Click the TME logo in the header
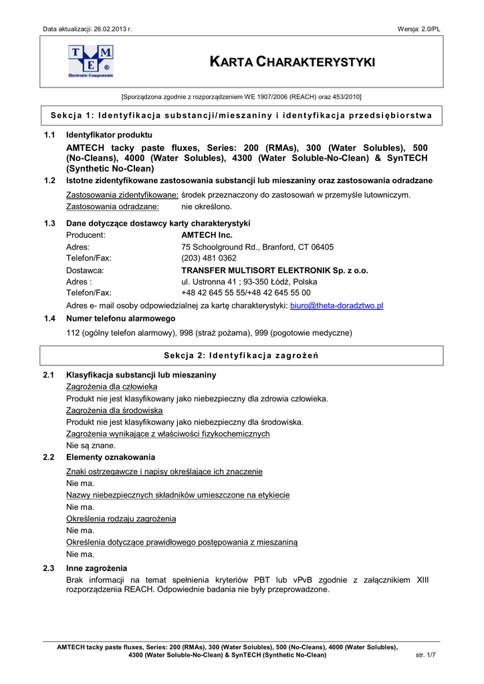coord(91,61)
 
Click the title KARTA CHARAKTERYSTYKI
coord(293,62)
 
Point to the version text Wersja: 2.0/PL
coord(418,29)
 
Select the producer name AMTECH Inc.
coord(207,235)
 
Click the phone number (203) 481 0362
coord(209,258)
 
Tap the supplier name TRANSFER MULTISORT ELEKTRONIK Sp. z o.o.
coord(275,271)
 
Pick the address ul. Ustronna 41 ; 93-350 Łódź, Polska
coord(249,282)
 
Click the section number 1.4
coord(49,319)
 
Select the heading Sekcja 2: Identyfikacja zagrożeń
coord(241,355)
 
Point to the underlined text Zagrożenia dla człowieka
coord(112,387)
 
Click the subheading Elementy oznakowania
coord(111,458)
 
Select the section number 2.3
coord(49,568)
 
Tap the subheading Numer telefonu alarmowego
coord(120,319)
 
